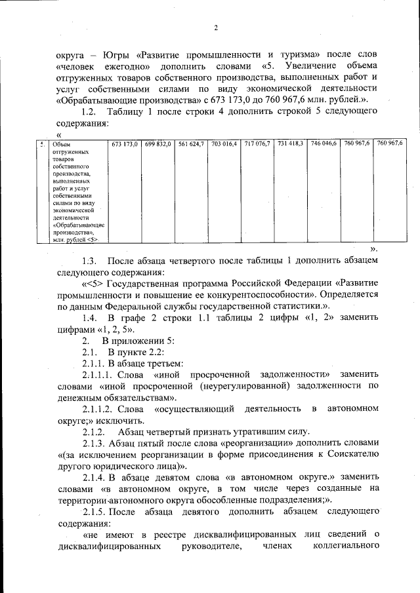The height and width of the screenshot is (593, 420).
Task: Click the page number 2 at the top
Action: [215, 27]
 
